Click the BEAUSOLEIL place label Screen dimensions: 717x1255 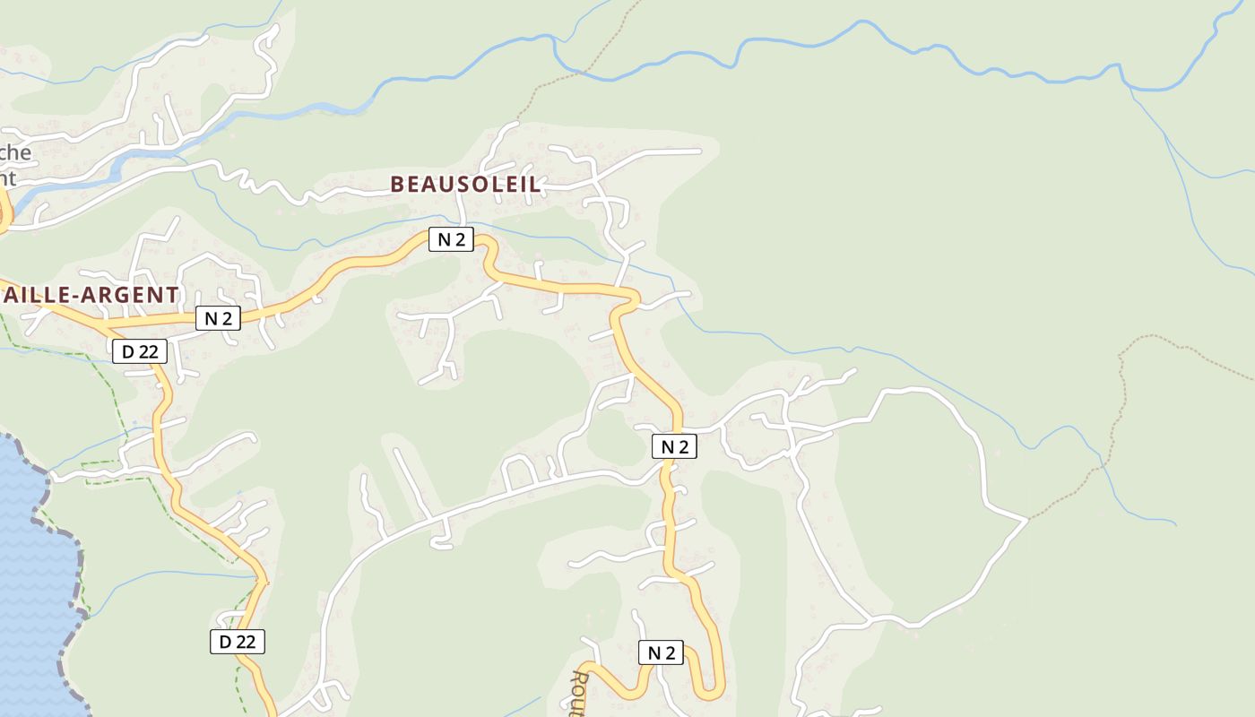[465, 185]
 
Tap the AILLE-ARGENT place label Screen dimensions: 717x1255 [90, 295]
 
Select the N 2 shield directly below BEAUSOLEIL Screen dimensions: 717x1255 [450, 239]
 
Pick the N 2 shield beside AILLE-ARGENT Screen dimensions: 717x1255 [218, 318]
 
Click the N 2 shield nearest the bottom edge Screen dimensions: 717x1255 [661, 653]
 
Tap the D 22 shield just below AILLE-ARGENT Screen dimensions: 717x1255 [140, 352]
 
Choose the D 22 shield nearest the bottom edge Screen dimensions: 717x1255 [238, 642]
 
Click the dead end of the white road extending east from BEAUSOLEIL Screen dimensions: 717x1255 [699, 151]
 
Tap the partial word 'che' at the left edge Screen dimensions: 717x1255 [16, 152]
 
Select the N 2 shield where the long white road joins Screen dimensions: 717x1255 [674, 446]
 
